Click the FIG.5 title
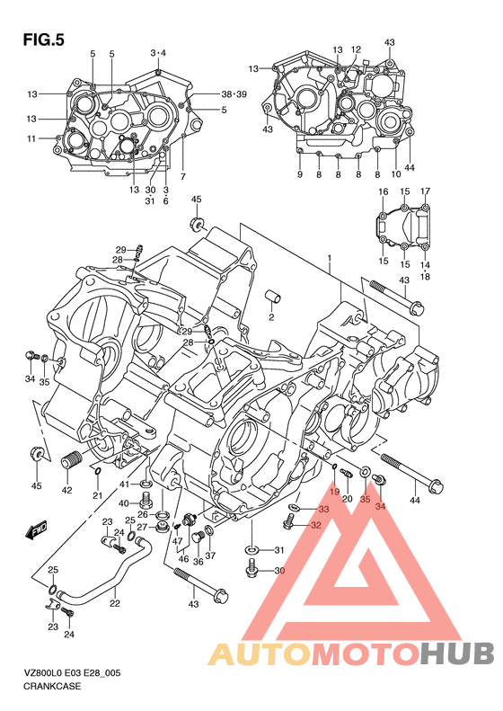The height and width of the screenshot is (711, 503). click(x=43, y=40)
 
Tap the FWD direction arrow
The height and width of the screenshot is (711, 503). click(x=37, y=529)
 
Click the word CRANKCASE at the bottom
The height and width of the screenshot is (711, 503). click(x=53, y=686)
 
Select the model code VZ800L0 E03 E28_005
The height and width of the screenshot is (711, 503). click(x=72, y=673)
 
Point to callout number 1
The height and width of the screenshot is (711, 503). click(x=330, y=258)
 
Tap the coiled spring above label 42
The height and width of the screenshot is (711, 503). click(x=72, y=461)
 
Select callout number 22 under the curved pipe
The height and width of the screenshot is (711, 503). click(x=115, y=603)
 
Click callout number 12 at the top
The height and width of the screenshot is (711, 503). click(x=356, y=49)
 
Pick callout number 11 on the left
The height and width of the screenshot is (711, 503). click(x=31, y=138)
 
